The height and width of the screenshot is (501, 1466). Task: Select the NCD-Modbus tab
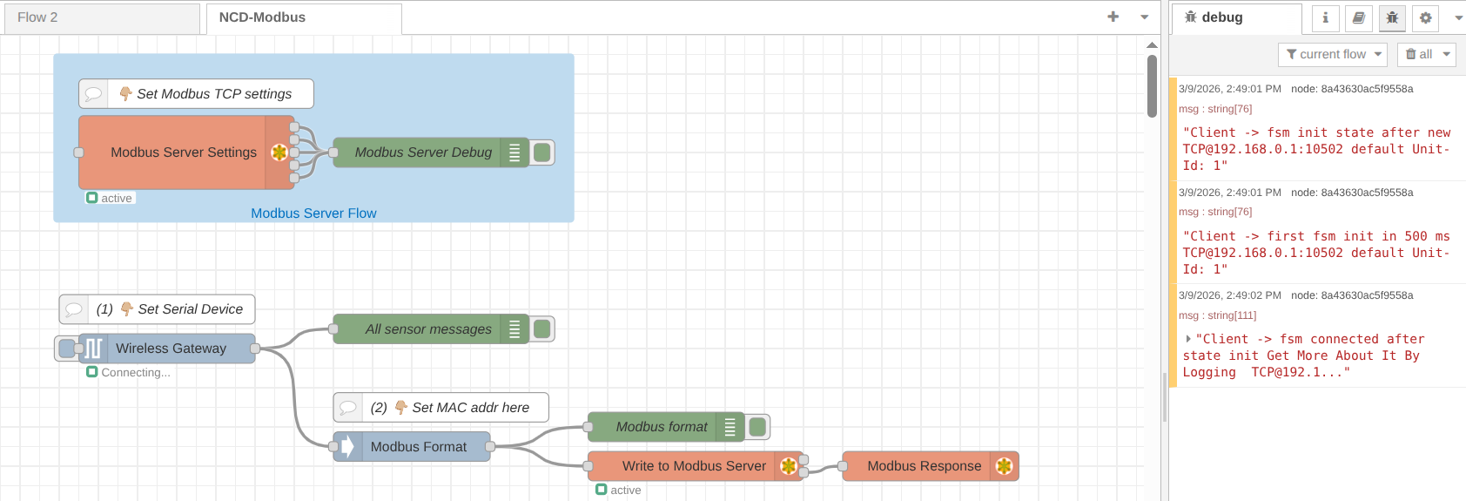click(x=262, y=17)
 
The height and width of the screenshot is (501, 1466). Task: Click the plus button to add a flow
click(x=1113, y=17)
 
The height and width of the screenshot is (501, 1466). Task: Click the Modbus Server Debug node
click(x=422, y=152)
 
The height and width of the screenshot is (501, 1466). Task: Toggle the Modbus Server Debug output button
click(x=543, y=152)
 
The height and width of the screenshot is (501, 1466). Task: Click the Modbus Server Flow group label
click(x=313, y=213)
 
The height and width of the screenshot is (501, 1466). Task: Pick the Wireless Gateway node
click(x=171, y=349)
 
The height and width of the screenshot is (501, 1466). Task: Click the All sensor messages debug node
click(x=427, y=329)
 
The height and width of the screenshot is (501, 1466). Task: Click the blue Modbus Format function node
click(x=418, y=447)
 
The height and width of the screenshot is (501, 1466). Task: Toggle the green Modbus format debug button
click(x=758, y=427)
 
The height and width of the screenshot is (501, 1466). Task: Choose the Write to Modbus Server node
click(x=693, y=466)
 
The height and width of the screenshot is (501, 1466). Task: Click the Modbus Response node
click(x=923, y=466)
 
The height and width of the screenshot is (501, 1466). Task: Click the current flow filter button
click(x=1333, y=54)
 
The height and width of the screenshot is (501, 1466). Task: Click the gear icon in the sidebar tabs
click(x=1425, y=17)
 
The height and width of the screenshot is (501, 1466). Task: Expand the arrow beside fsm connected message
click(x=1188, y=339)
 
